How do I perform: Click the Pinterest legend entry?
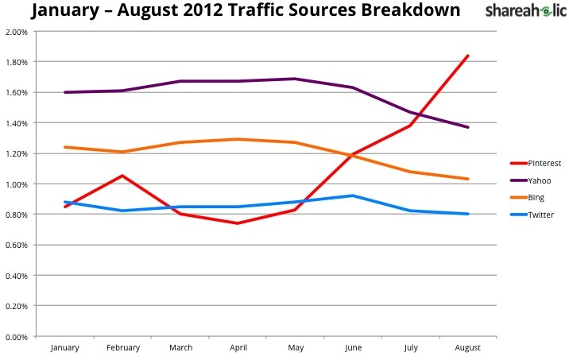[x=543, y=163]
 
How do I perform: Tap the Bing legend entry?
[x=537, y=198]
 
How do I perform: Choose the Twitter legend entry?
[x=540, y=215]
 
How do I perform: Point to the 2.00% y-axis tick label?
[x=16, y=32]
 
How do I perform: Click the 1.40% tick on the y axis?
[x=16, y=123]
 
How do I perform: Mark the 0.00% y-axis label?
[x=16, y=337]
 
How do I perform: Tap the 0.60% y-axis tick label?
[x=16, y=246]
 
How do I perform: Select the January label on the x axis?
[x=65, y=348]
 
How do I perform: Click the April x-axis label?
[x=238, y=348]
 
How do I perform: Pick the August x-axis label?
[x=468, y=348]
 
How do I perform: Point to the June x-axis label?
[x=353, y=348]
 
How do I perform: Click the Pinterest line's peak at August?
[x=468, y=56]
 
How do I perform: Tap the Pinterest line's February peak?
[x=122, y=176]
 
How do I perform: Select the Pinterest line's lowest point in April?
[x=238, y=223]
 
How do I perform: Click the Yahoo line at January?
[x=65, y=92]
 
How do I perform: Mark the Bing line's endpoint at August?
[x=468, y=179]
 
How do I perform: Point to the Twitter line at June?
[x=353, y=195]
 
